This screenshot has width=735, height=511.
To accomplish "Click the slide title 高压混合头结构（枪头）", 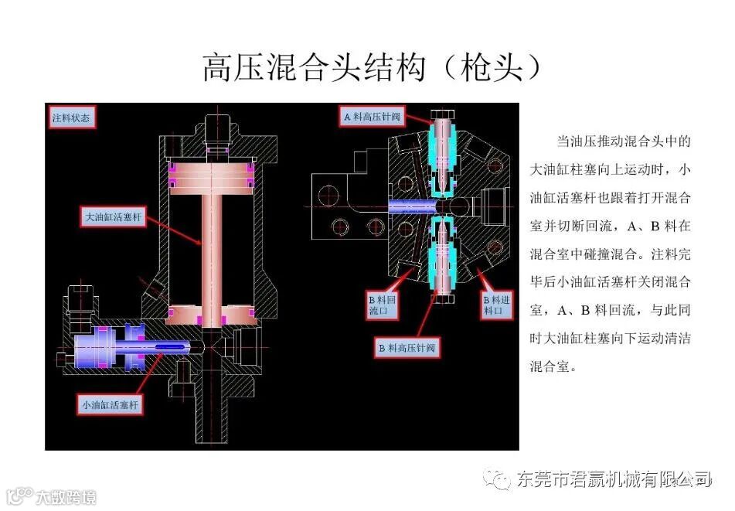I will click(x=370, y=68).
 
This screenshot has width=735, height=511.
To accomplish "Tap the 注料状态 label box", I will click(x=71, y=118).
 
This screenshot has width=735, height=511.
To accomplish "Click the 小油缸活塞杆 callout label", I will click(x=112, y=404).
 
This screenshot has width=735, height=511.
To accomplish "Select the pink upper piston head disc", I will click(x=209, y=175).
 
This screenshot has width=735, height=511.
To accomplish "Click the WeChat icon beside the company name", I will click(x=499, y=480).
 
